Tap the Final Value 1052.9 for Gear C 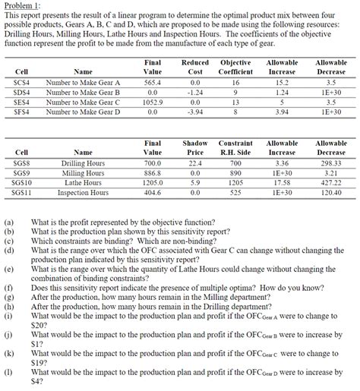point(153,101)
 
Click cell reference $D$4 point(22,91)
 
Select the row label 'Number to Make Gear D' point(83,112)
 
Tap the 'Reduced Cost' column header point(195,66)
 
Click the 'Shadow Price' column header point(195,147)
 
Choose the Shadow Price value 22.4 point(194,162)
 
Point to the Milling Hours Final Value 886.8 point(153,172)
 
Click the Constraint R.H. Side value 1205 point(235,183)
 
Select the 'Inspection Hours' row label point(83,193)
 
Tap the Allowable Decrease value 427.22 point(330,183)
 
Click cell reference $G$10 point(22,183)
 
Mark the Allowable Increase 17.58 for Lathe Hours point(283,183)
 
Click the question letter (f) point(8,288)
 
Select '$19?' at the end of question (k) point(41,361)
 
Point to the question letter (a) point(8,222)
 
